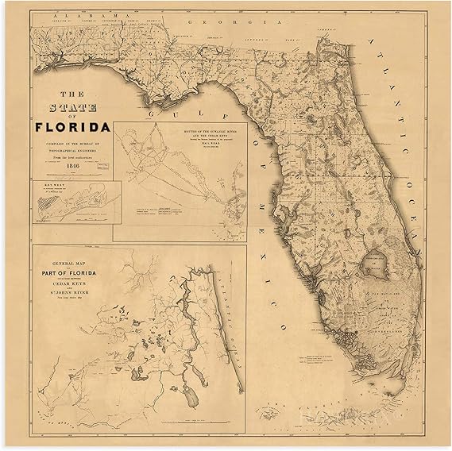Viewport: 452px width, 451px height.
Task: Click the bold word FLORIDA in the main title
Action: (x=72, y=126)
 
